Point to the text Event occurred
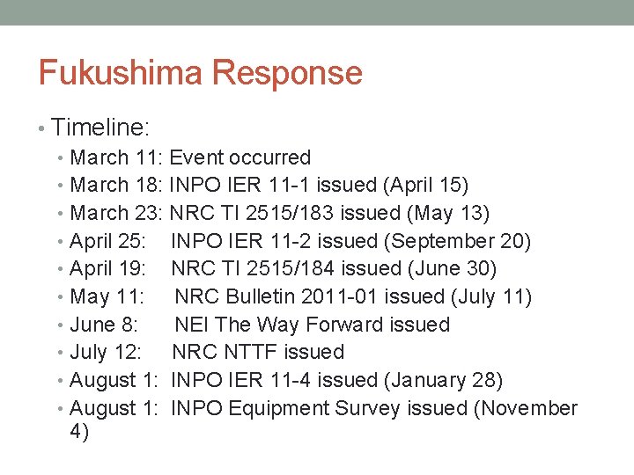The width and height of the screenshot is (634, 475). (x=240, y=158)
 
